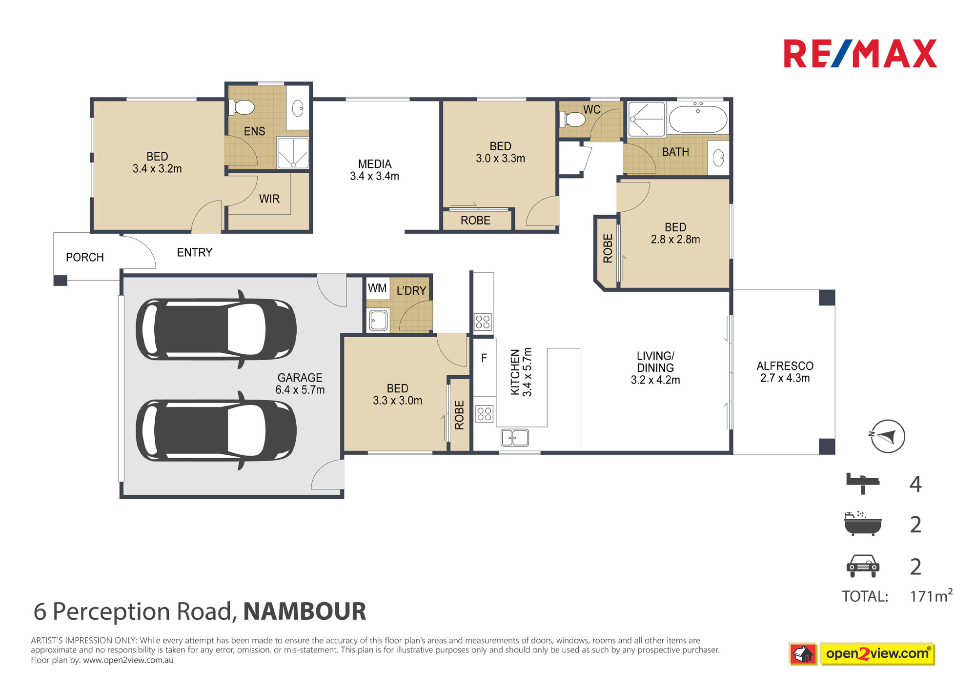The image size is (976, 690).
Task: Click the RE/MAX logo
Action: (x=860, y=54)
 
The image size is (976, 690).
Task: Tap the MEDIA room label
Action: (x=375, y=164)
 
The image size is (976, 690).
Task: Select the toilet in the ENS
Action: (x=242, y=107)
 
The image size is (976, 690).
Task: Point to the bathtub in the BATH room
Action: (x=698, y=119)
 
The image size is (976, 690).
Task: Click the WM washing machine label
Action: (x=377, y=288)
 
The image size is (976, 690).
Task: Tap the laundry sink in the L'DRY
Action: (x=378, y=320)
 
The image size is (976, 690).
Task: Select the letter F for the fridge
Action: (x=484, y=358)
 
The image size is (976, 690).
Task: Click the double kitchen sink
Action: (x=515, y=437)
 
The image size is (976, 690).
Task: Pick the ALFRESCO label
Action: (x=785, y=366)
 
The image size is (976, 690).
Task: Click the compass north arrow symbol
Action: (x=888, y=436)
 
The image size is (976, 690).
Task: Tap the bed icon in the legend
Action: (x=862, y=483)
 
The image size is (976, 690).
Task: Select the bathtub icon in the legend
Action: (x=863, y=524)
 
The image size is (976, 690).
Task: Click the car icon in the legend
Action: (x=863, y=566)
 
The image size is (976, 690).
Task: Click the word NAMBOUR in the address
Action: (x=305, y=611)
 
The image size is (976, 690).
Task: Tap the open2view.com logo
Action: (x=862, y=654)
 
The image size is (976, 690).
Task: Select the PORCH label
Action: (x=85, y=257)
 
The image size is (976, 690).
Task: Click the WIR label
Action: (x=269, y=199)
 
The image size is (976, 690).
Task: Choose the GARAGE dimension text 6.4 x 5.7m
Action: (x=300, y=390)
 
